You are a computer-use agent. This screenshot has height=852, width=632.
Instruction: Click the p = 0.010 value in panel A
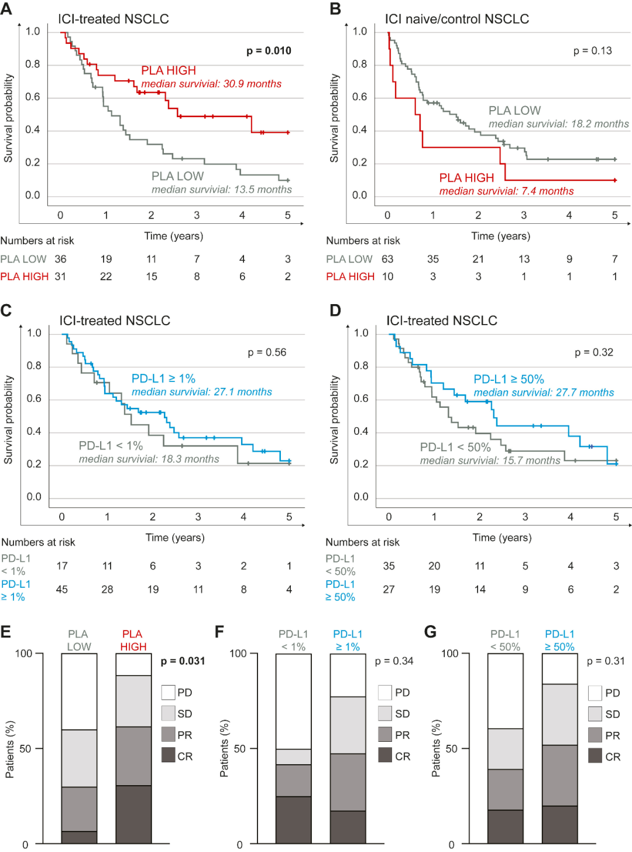269,51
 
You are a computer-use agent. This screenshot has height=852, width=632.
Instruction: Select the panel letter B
335,9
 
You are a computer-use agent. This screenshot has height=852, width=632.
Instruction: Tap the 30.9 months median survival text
211,84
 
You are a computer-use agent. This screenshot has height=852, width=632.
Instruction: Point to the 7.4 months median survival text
506,191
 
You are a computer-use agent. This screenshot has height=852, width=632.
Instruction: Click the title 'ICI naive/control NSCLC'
456,19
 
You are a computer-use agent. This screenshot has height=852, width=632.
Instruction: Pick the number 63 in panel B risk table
387,259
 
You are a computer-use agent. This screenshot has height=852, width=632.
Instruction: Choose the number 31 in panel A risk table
60,277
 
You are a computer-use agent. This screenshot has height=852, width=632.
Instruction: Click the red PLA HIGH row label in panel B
350,277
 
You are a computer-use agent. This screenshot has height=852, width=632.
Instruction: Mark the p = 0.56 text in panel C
267,352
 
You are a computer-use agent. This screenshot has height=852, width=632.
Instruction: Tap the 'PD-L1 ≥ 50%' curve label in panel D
509,379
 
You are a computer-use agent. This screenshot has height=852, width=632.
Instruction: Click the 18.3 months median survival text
149,459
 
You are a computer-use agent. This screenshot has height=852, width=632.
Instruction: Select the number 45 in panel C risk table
61,589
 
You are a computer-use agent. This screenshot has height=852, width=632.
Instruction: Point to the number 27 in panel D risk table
389,589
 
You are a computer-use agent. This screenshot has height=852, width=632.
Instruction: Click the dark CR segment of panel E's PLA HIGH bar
133,814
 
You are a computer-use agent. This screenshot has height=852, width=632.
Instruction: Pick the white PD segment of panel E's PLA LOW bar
79,691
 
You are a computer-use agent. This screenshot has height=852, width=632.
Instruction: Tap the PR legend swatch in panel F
385,735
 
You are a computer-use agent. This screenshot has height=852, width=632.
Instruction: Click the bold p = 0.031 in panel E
183,661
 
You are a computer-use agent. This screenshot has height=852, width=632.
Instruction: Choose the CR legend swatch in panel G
595,756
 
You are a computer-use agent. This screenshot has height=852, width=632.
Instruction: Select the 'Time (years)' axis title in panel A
174,236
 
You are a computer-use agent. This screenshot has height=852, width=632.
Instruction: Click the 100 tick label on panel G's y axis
449,653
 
